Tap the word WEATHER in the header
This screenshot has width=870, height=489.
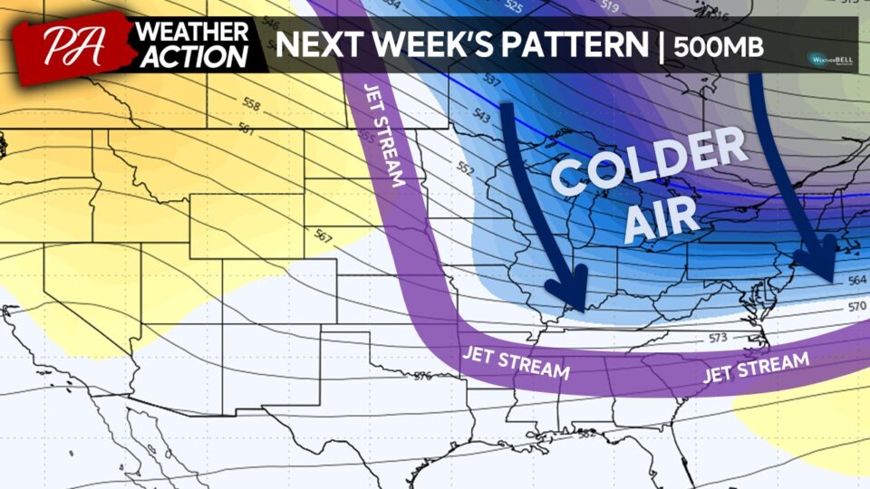192,33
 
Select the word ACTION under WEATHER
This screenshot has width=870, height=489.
192,57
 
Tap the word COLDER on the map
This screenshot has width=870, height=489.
650,165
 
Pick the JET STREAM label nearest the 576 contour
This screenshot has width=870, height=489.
516,361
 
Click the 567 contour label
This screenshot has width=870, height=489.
322,235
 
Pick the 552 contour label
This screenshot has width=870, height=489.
466,168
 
